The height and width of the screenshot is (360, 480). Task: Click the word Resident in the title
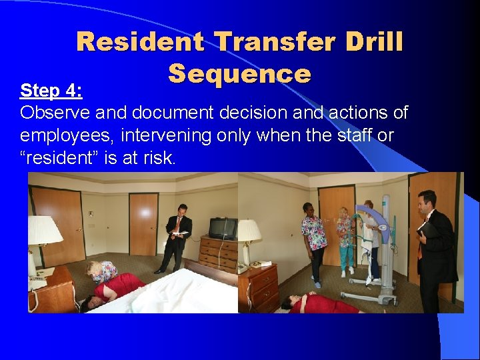tap(140, 42)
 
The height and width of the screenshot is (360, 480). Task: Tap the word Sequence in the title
tap(239, 73)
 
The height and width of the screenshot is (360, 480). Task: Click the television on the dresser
tap(222, 228)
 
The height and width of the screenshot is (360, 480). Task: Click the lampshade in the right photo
tap(249, 231)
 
